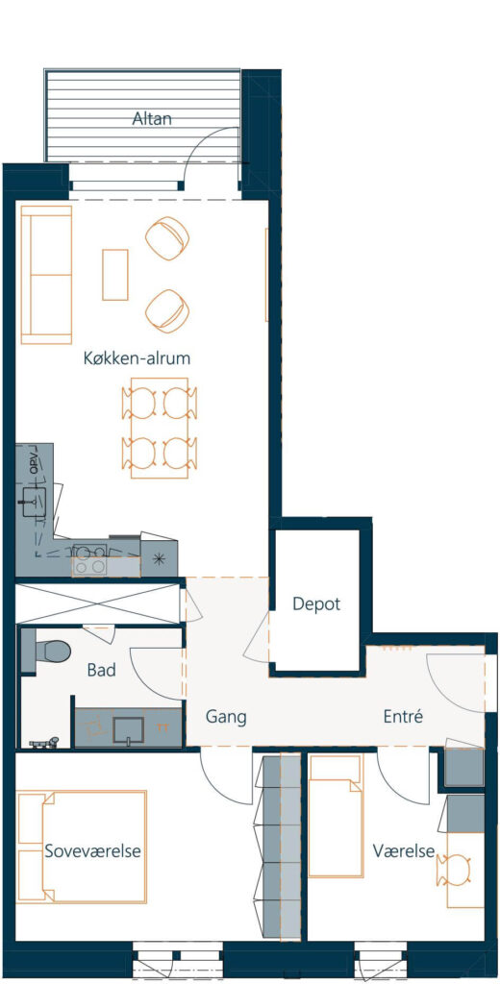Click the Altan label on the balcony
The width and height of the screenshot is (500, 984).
(x=152, y=118)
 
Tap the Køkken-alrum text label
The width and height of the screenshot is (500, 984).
(x=137, y=358)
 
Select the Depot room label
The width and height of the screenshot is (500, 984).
(x=316, y=604)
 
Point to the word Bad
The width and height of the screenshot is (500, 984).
(x=101, y=670)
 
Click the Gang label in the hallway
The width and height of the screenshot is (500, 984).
(x=226, y=717)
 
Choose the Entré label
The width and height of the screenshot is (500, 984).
(x=403, y=716)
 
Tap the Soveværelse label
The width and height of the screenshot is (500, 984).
(x=92, y=851)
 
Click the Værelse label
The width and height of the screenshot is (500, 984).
(x=404, y=851)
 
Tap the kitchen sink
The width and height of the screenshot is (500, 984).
(x=35, y=502)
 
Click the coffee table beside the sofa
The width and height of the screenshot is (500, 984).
(x=115, y=274)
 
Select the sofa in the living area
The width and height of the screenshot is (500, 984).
(x=46, y=274)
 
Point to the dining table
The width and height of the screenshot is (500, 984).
(x=160, y=428)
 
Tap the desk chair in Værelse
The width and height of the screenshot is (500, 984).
(x=455, y=869)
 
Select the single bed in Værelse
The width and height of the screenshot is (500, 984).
(x=336, y=816)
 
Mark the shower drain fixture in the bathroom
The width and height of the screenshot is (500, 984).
(x=44, y=743)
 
